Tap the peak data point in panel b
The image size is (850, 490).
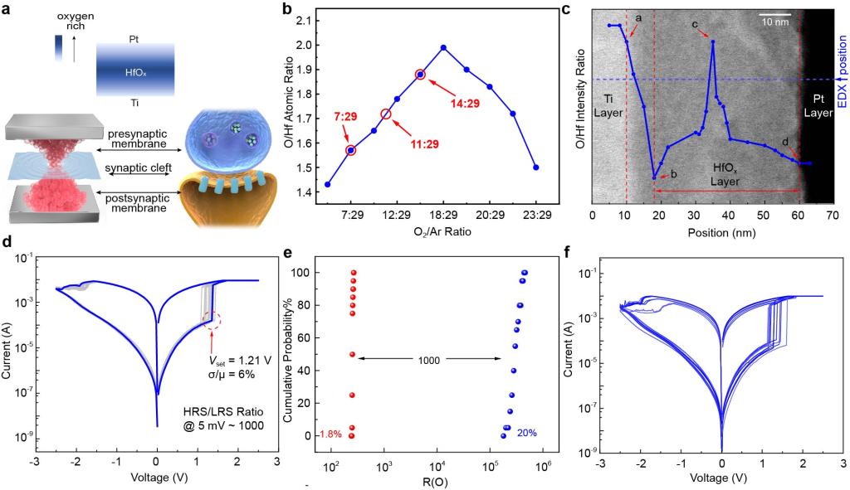pyautogui.click(x=443, y=47)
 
